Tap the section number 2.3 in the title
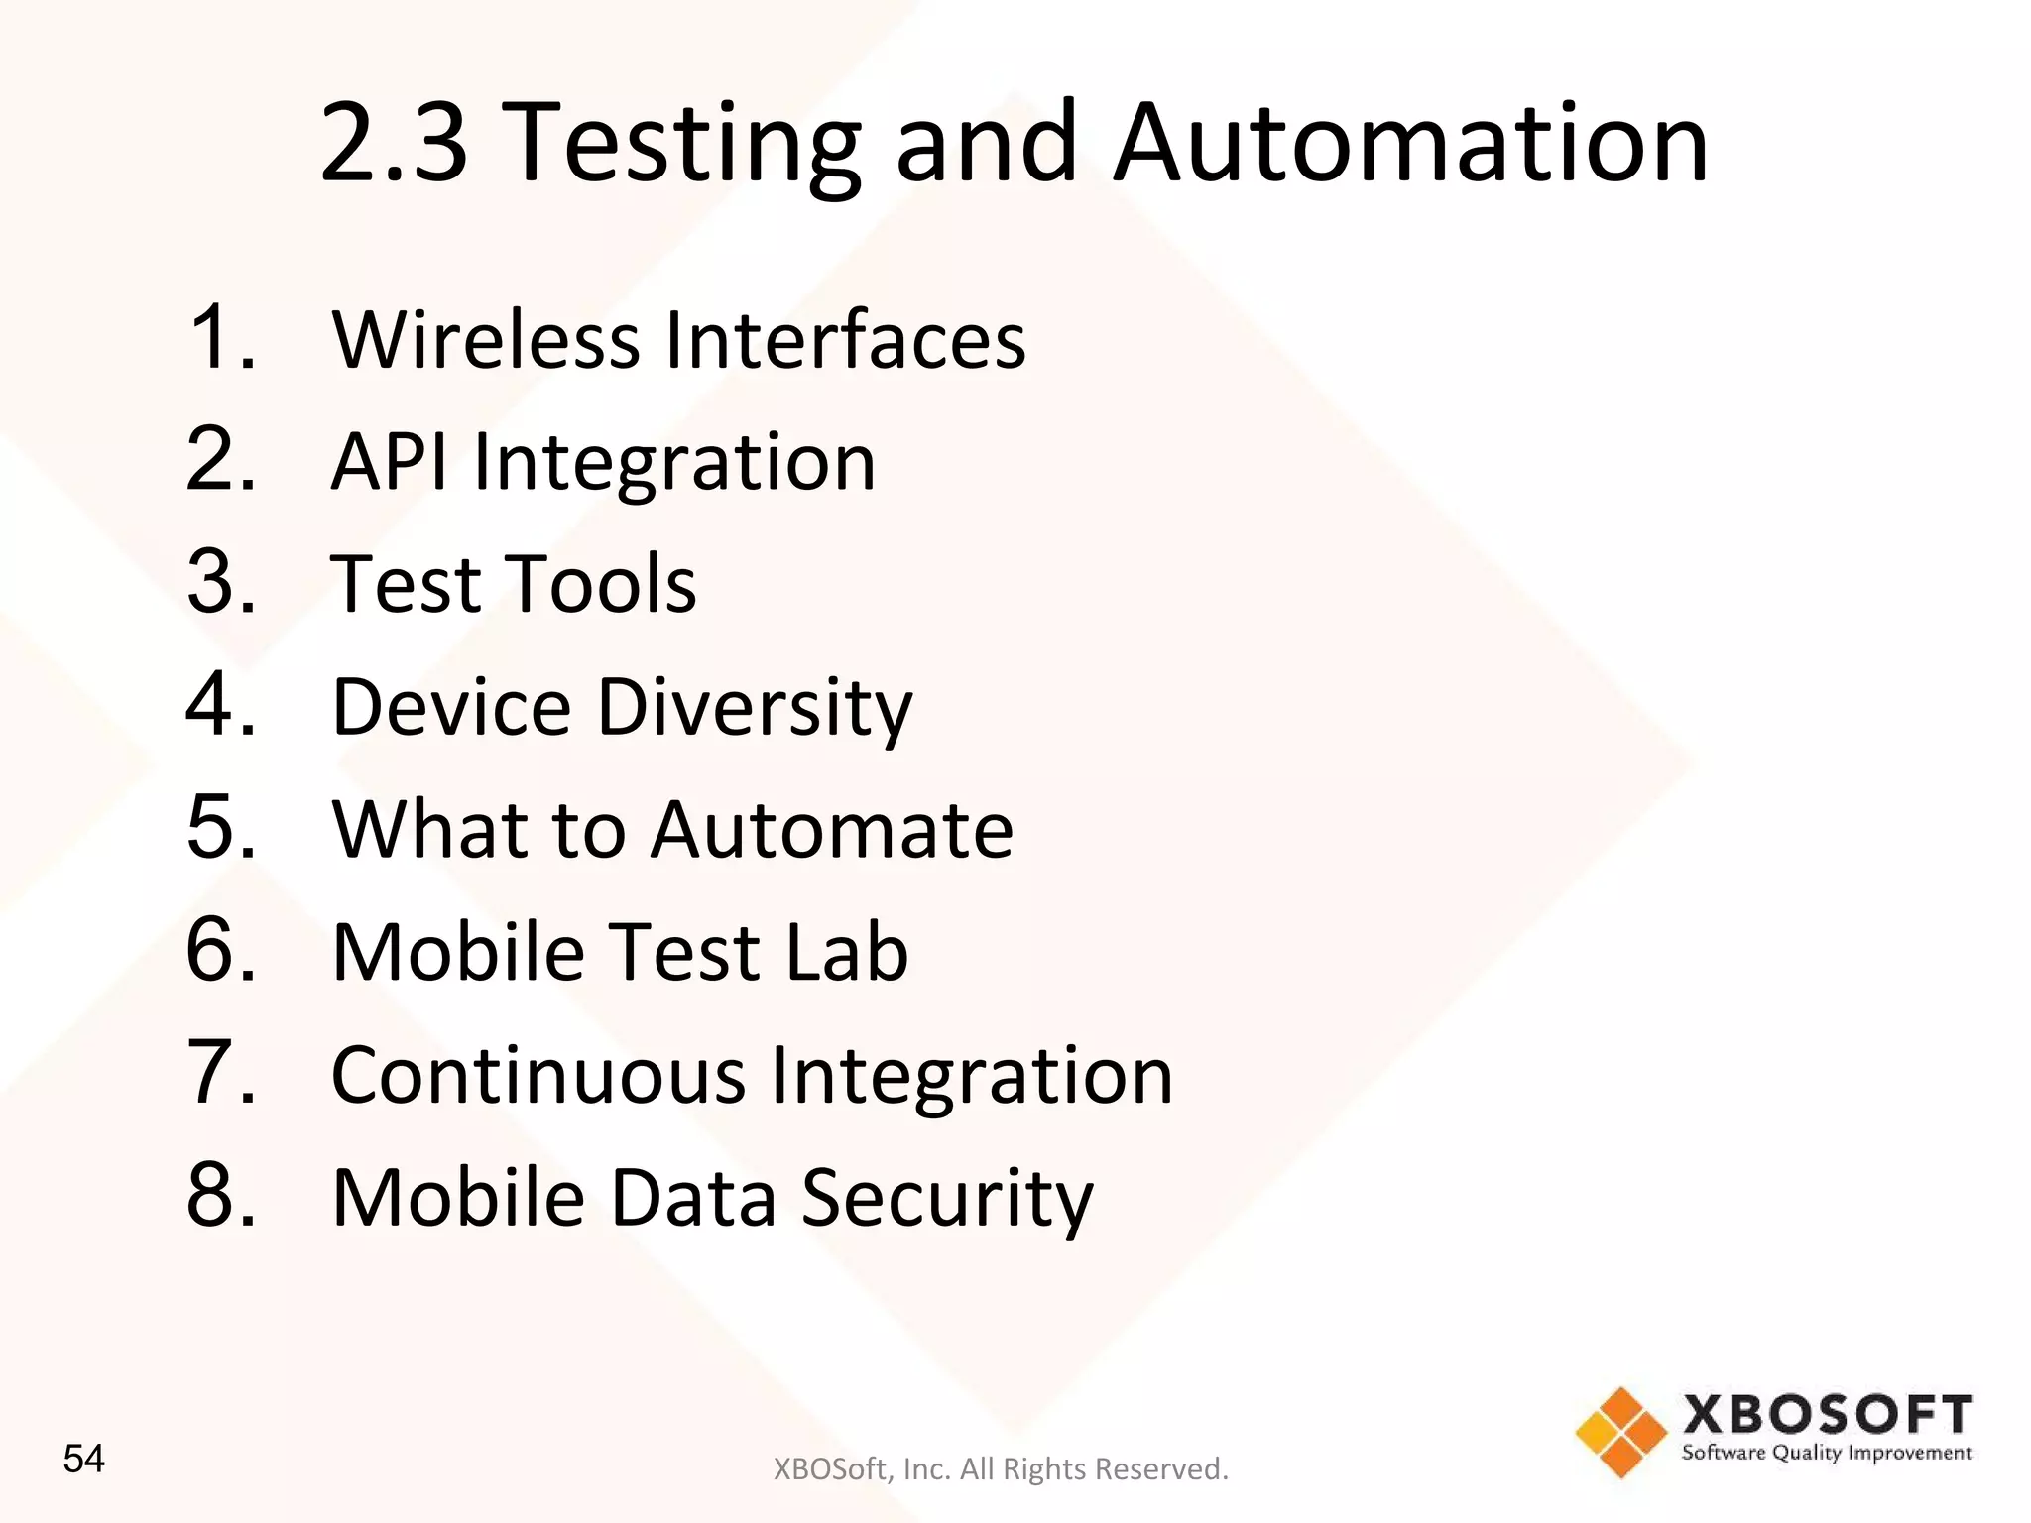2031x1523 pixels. click(394, 144)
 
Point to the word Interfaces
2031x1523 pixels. click(846, 340)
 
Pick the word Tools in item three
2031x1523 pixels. click(599, 584)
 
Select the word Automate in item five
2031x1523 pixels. click(832, 829)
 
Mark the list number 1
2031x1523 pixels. click(221, 337)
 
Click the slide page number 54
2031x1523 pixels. click(83, 1459)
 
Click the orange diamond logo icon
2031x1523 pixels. click(1621, 1432)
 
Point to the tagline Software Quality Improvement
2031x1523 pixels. click(1827, 1454)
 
